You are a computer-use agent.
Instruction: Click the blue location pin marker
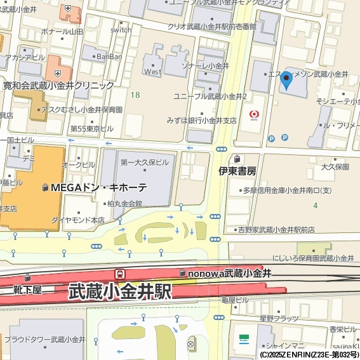(286, 81)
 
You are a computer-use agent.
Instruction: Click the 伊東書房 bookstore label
(237, 171)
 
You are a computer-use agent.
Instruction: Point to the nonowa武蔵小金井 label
(230, 273)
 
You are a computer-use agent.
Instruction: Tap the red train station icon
(119, 274)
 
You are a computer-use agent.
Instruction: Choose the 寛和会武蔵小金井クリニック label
(58, 85)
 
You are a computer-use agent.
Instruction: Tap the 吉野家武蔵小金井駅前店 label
(276, 229)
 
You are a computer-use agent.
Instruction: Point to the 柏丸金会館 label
(124, 204)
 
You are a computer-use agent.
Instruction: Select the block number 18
(135, 95)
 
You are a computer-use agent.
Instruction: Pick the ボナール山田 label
(61, 31)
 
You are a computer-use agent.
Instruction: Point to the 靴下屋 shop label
(28, 290)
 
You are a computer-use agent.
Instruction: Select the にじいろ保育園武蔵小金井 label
(312, 258)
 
